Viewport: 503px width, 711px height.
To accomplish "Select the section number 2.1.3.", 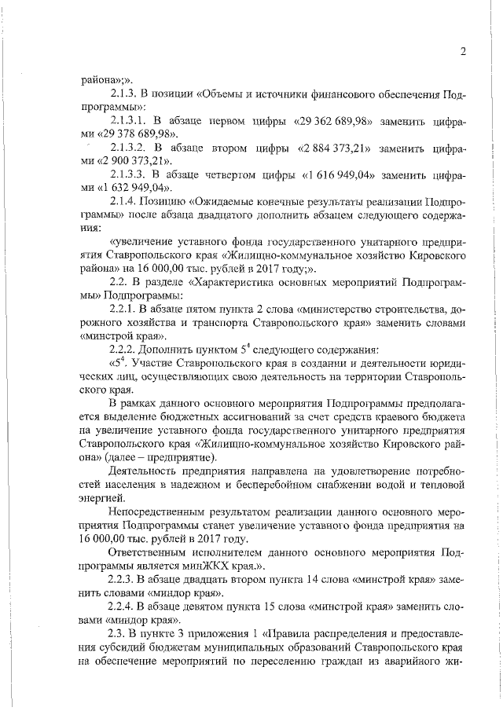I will click(127, 93).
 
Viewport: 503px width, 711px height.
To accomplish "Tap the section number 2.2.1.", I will click(127, 309).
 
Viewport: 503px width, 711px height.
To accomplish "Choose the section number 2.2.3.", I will click(127, 578).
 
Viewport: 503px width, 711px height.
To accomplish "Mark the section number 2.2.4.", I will click(127, 606).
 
